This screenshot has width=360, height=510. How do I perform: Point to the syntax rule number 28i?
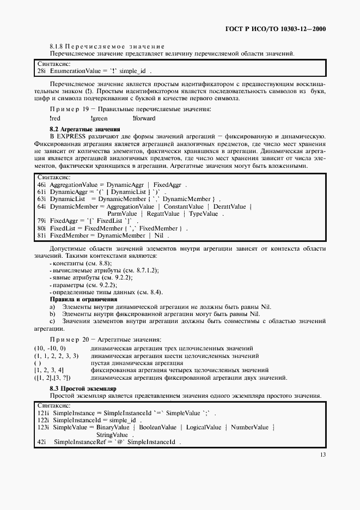tap(41, 71)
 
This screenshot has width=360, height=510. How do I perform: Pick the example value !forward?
tap(144, 118)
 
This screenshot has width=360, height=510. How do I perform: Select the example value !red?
tap(54, 118)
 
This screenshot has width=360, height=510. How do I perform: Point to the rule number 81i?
tap(41, 235)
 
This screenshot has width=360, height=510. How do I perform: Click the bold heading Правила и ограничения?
tap(83, 299)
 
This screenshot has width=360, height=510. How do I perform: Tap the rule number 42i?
tap(41, 442)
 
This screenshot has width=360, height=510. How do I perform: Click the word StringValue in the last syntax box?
tap(112, 435)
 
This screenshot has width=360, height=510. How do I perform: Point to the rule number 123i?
tap(43, 427)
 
